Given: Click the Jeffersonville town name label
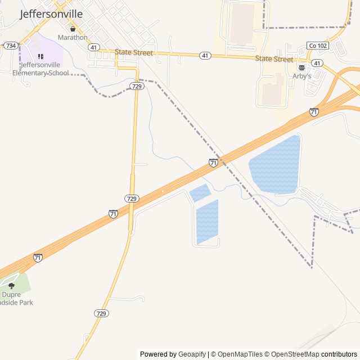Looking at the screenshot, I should [x=51, y=14].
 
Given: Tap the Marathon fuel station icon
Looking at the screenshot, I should [x=73, y=29].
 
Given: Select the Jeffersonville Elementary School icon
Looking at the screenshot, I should [x=40, y=57].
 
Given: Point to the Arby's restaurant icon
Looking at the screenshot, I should [x=301, y=66].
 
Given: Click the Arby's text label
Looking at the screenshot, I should [x=301, y=76].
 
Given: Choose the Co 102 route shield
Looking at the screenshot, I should [x=317, y=45].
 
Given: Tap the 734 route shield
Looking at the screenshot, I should [x=11, y=46].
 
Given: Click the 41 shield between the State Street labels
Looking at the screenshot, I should [x=205, y=56].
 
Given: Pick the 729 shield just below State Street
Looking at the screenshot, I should [x=136, y=86].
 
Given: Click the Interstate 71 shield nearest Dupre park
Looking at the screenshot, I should [x=38, y=258].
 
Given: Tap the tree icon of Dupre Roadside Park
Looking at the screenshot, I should [x=11, y=286].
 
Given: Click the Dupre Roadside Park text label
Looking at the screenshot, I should [x=17, y=298].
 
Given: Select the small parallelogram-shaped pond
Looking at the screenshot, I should [x=200, y=193].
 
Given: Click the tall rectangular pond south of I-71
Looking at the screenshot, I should [x=206, y=222].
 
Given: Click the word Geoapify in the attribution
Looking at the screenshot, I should [x=192, y=354].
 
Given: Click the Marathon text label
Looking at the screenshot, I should [x=73, y=38].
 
